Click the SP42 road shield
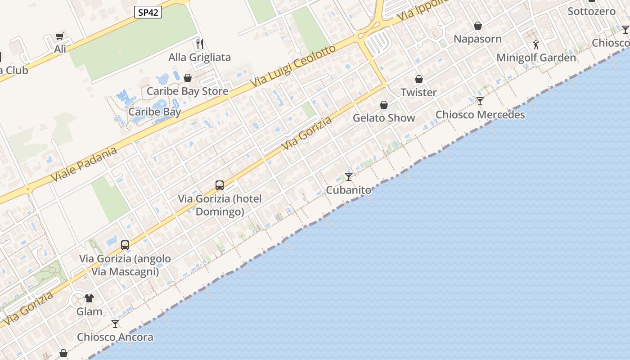click(x=148, y=12)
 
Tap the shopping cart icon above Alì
click(x=60, y=36)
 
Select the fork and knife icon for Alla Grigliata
click(x=200, y=44)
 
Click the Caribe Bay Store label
click(x=188, y=91)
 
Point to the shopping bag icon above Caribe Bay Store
click(x=188, y=78)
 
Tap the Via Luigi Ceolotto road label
click(x=293, y=66)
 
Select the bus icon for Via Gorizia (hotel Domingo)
click(x=220, y=185)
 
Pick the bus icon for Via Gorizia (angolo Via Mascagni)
click(x=125, y=245)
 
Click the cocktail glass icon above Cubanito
click(x=349, y=176)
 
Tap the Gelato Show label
click(x=384, y=118)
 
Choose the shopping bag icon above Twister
click(x=419, y=79)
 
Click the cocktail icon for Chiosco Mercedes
click(x=480, y=101)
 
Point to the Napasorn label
click(x=477, y=39)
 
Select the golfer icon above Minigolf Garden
click(x=535, y=45)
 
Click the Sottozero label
click(x=591, y=11)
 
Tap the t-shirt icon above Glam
click(x=89, y=298)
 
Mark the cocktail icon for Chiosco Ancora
click(x=115, y=324)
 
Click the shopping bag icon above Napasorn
click(x=478, y=26)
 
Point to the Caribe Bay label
click(x=155, y=112)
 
